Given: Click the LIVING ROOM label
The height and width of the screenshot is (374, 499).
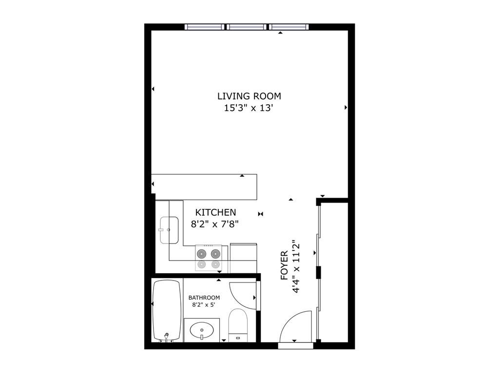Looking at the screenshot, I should [249, 96].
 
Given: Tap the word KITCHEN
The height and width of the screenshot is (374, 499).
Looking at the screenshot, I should [215, 212].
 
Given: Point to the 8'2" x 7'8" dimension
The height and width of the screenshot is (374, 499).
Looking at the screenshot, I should [215, 224].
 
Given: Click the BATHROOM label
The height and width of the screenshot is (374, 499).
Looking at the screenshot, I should [204, 298].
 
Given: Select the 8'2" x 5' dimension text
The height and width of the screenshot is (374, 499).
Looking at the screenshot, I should [204, 305].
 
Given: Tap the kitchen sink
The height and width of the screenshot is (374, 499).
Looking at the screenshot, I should [168, 230].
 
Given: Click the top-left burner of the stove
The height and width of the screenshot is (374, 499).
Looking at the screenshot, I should [201, 253].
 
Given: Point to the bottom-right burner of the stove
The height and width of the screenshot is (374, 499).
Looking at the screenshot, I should [215, 264].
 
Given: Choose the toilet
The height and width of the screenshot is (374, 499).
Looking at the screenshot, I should [238, 324].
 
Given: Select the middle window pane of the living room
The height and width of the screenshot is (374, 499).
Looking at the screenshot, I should [247, 27].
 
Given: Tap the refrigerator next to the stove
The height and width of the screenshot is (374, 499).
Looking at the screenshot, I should [243, 258].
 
